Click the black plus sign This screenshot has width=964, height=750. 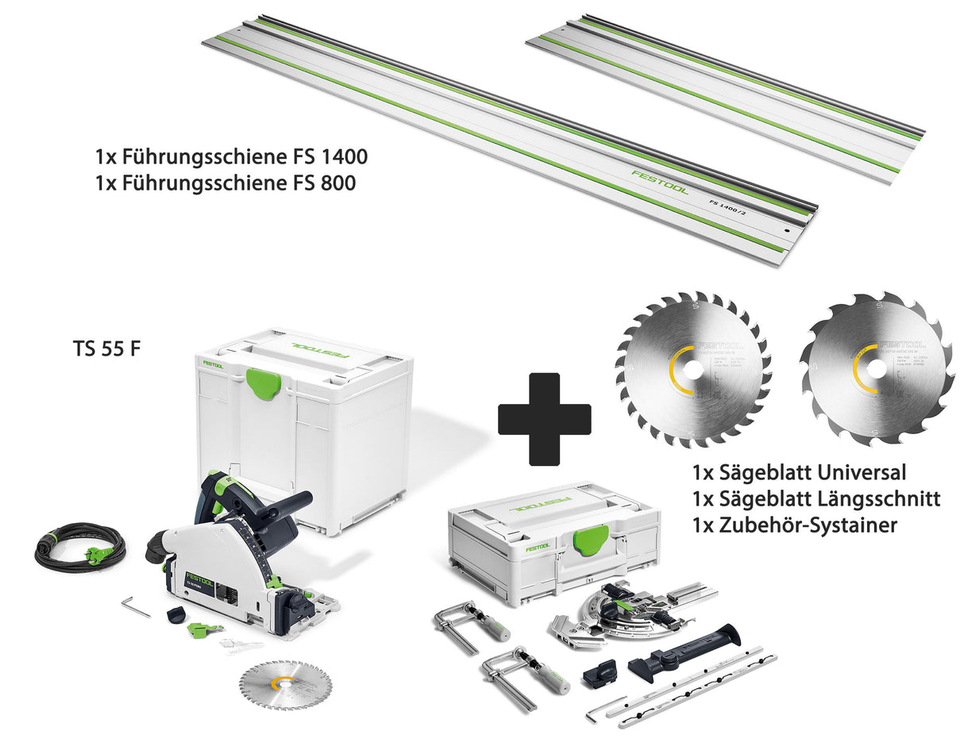[x=544, y=418]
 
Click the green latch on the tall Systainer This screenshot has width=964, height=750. [x=263, y=382]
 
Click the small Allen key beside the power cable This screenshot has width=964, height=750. [x=135, y=607]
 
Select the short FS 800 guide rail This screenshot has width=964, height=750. [x=724, y=92]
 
